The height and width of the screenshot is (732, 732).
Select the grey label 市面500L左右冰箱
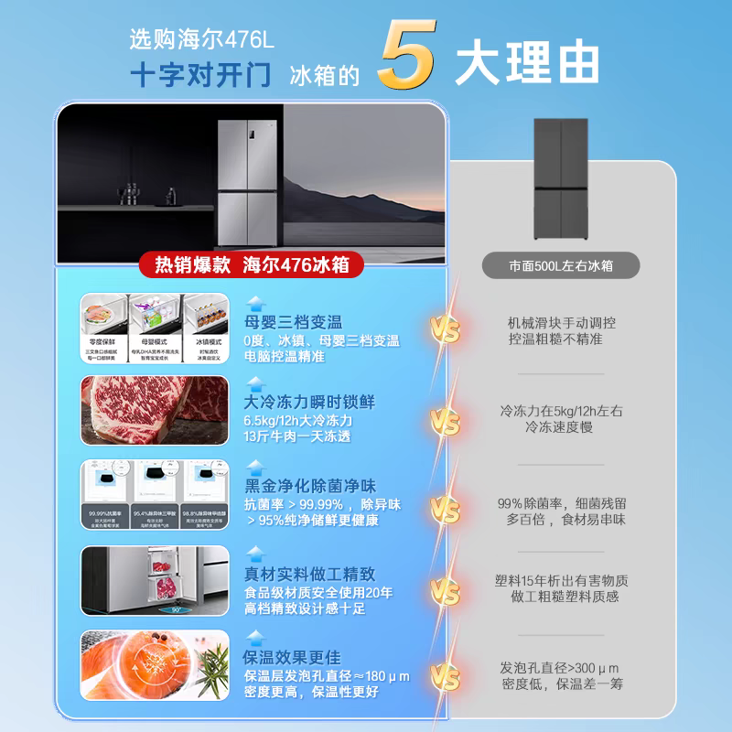561,265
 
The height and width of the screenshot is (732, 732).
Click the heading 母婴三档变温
293,322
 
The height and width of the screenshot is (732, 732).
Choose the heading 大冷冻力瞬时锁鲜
309,402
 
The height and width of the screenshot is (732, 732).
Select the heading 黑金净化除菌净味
309,486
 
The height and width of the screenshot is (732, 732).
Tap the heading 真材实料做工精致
309,574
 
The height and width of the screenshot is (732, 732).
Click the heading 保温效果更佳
292,657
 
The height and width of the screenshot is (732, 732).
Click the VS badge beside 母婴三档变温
446,328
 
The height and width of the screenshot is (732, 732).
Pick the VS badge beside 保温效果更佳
446,677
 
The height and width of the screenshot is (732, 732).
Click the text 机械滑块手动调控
561,322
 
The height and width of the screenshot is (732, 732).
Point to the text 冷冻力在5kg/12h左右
561,411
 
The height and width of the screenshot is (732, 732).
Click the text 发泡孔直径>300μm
561,667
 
